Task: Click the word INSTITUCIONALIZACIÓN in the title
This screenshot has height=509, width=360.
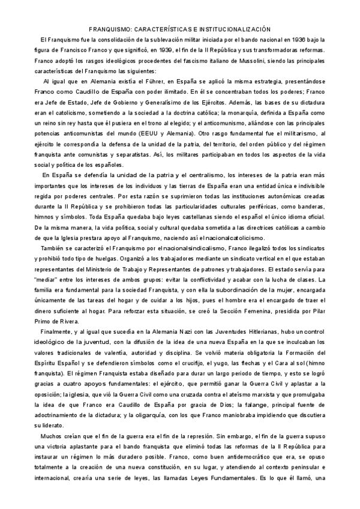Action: click(x=229, y=28)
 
